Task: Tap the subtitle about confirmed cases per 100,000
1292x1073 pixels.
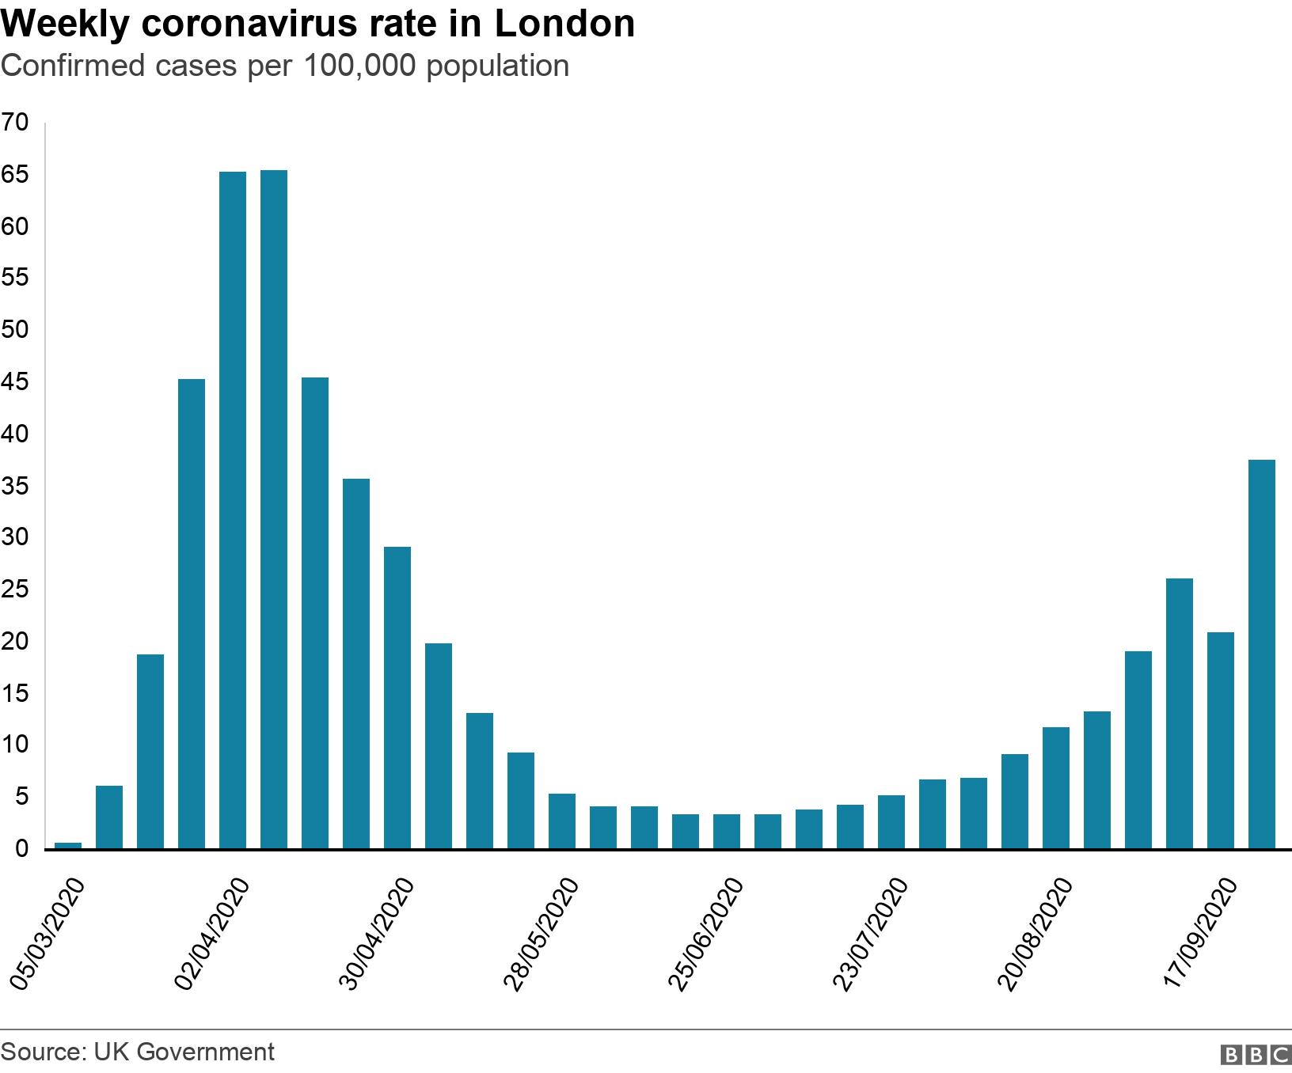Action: tap(285, 66)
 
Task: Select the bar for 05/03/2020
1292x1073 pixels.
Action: tap(68, 845)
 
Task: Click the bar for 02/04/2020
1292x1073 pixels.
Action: tap(233, 510)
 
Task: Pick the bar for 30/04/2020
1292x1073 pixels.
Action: tap(397, 698)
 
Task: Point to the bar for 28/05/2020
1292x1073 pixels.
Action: tap(562, 821)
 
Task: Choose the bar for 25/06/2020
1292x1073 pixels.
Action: tap(727, 832)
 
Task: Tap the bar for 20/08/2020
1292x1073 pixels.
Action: tap(1056, 788)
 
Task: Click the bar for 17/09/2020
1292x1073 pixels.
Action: tap(1221, 741)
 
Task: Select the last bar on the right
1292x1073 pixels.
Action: tap(1262, 654)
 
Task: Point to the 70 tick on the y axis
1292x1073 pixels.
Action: tap(15, 123)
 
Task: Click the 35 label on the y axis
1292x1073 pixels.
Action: tap(15, 486)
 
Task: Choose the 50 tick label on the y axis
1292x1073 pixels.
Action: tap(15, 330)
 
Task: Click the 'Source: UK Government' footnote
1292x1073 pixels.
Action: tap(138, 1052)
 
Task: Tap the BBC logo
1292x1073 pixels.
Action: tap(1256, 1055)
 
